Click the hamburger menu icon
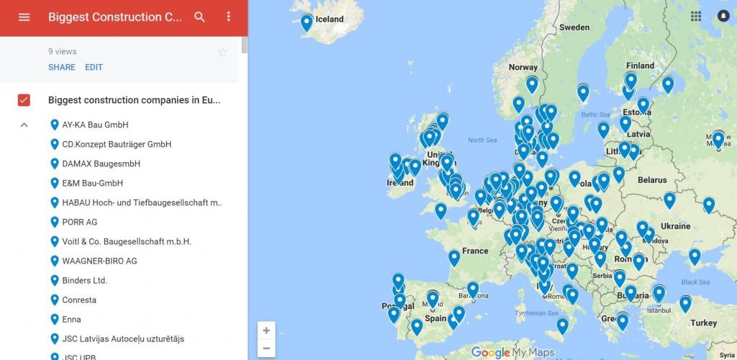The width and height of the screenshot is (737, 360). [x=24, y=17]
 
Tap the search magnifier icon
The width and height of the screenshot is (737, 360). [x=200, y=17]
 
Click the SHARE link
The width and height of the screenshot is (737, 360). [x=62, y=68]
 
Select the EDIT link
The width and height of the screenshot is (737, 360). [x=94, y=68]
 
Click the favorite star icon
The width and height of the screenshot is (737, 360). [x=222, y=52]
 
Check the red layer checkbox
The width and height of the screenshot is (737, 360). [x=24, y=100]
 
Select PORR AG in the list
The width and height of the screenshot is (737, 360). [x=79, y=222]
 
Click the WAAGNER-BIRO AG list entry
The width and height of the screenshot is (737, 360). [x=99, y=261]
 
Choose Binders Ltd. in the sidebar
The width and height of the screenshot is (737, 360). [x=84, y=280]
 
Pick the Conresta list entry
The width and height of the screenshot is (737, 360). [x=79, y=300]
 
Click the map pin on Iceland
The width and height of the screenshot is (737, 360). [x=307, y=22]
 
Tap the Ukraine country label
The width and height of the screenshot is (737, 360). [x=675, y=226]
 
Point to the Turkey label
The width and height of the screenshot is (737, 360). [x=703, y=323]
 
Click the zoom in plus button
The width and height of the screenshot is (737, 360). [x=266, y=330]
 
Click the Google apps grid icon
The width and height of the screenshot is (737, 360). [x=696, y=16]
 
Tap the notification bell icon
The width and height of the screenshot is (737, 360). [x=723, y=16]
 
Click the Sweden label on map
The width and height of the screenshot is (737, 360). [x=574, y=27]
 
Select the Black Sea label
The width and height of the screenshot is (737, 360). [x=695, y=282]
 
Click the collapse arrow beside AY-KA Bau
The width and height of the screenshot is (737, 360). [x=24, y=125]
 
